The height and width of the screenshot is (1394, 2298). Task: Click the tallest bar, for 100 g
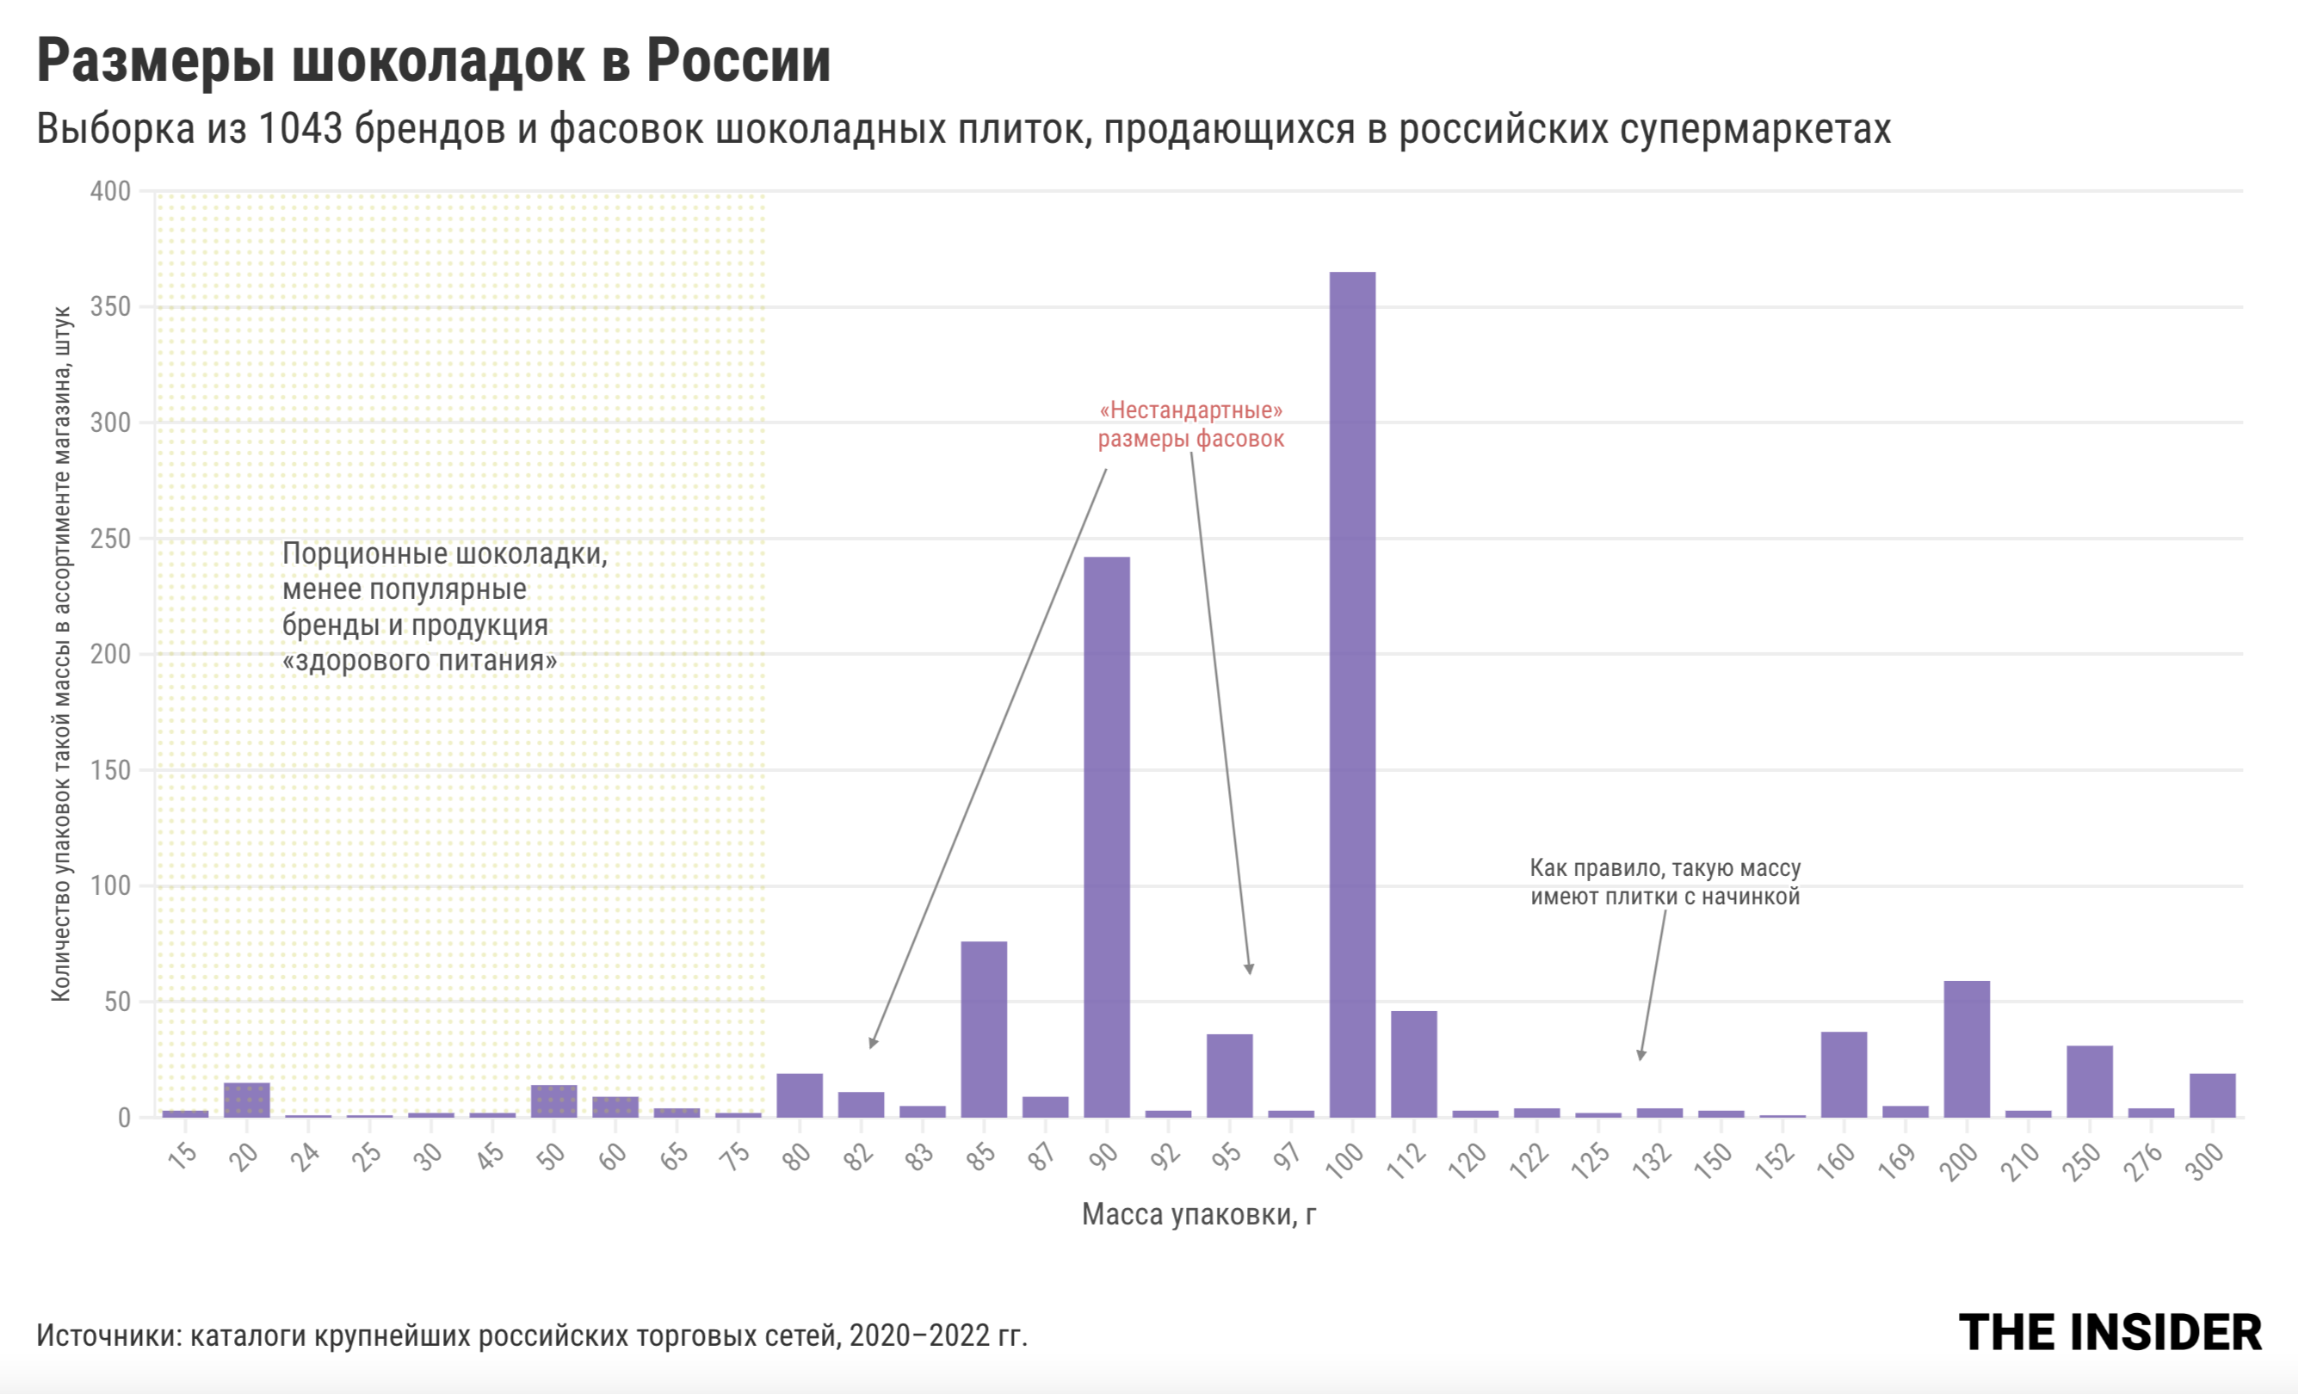1352,694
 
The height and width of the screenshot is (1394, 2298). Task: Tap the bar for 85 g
984,1029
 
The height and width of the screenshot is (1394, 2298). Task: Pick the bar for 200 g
1966,1049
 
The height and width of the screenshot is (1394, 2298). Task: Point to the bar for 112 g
1414,1064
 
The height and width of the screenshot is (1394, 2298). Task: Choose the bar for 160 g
1844,1074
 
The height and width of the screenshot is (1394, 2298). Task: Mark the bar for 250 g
2089,1082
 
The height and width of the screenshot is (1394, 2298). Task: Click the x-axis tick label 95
1226,1157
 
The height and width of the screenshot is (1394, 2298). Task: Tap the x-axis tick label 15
182,1157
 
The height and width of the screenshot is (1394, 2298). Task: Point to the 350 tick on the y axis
110,307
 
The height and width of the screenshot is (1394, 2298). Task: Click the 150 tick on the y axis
110,770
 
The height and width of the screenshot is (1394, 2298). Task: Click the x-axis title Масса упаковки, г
1198,1215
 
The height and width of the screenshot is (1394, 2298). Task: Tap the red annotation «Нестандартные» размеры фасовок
1191,424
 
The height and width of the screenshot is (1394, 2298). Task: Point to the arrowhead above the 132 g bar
1641,1056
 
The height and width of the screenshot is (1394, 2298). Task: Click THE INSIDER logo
2110,1332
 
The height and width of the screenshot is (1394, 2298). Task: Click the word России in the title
738,62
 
